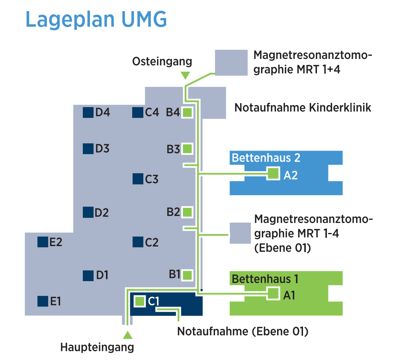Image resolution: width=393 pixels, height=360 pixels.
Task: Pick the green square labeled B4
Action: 188,113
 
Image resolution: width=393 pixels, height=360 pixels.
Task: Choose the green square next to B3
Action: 188,149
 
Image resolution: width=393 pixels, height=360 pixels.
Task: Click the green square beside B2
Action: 188,212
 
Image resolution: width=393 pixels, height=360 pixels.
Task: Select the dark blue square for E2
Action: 42,242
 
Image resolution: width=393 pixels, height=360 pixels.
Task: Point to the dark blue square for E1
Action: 42,301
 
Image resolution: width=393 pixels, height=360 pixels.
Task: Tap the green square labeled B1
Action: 188,275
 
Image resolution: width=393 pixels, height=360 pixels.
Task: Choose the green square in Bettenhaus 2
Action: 273,174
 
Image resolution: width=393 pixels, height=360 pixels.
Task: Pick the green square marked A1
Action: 273,294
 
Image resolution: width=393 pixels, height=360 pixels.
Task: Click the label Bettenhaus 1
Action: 265,279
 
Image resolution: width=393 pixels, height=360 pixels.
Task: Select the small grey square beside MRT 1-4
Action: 240,233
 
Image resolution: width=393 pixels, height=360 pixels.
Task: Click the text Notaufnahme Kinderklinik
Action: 303,108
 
